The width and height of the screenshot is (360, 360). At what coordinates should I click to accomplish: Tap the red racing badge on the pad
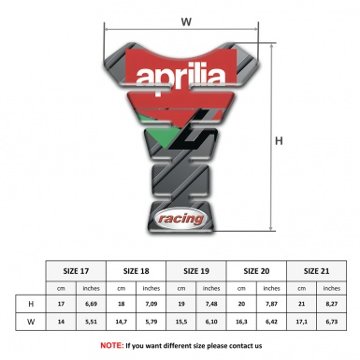pos(179,217)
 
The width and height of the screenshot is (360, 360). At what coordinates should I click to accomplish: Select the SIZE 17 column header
pos(77,269)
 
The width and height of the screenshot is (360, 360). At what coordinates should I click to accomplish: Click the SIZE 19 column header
pos(197,269)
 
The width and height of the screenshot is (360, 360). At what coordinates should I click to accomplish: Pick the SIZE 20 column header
pos(256,269)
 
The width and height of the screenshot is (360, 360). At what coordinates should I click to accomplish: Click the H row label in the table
pos(32,304)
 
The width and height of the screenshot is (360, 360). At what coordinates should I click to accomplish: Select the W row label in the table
pos(32,323)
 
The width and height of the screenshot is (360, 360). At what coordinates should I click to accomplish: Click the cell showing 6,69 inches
pos(92,304)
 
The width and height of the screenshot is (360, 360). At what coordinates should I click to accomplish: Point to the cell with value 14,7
pos(122,323)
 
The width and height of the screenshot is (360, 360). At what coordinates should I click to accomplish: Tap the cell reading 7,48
pos(212,304)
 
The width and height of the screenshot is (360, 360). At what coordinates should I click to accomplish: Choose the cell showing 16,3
pos(241,323)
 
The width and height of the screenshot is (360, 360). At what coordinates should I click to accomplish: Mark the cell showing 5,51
pos(92,323)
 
